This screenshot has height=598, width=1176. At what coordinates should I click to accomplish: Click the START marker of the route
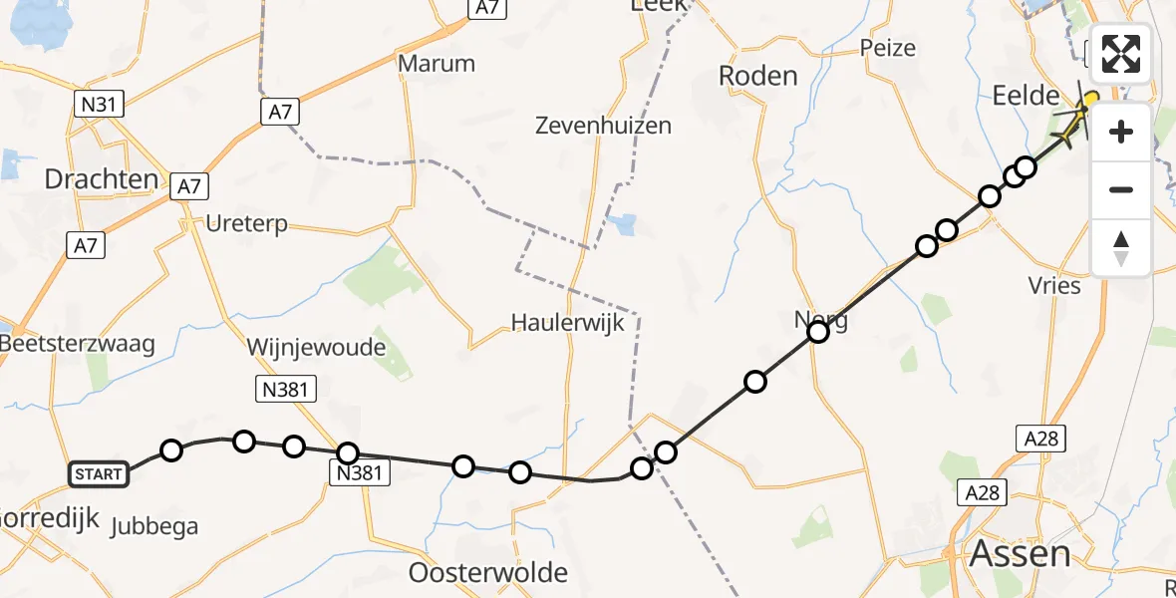pos(99,473)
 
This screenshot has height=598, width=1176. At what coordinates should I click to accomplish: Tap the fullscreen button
pos(1121,54)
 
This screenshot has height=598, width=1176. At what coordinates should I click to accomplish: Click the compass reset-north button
pos(1121,247)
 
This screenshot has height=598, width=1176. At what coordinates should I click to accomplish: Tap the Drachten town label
pos(102,179)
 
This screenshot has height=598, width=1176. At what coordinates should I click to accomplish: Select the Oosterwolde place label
pos(488,573)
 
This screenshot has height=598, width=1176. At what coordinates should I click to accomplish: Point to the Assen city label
pos(1021,553)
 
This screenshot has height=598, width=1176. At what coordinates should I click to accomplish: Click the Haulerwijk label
pos(567,322)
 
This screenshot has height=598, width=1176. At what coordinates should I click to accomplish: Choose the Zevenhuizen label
pos(603,126)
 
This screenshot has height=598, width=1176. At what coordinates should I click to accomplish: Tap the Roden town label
pos(758,76)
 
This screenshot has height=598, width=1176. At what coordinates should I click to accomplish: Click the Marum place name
pos(437,64)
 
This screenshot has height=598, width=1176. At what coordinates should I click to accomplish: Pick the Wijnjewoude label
pos(316,348)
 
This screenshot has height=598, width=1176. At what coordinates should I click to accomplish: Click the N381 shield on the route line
pos(360,474)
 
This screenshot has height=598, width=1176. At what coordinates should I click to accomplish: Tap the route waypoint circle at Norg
pos(818,332)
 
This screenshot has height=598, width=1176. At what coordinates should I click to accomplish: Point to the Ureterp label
pos(246,223)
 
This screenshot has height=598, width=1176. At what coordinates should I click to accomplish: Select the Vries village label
pos(1054,286)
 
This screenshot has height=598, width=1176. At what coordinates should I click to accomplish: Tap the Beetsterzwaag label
pos(79,344)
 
